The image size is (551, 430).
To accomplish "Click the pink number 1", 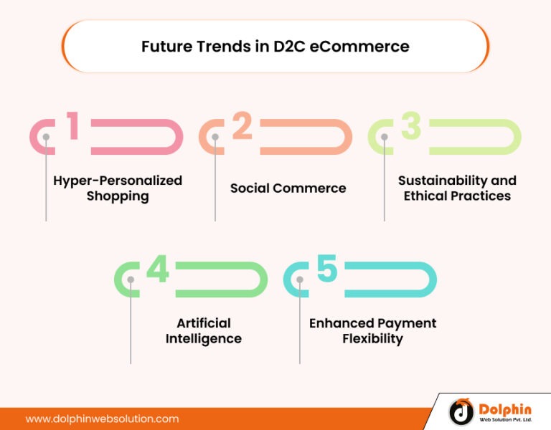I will coord(72,125).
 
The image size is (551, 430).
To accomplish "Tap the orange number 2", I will coord(242,125).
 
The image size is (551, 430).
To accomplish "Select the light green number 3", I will coord(410,125).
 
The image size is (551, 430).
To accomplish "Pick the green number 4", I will coord(157,269).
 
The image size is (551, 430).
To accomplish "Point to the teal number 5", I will coord(326,269).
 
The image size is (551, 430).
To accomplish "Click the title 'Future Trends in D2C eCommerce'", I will coord(275,47).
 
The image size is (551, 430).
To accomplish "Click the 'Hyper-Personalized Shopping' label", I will coord(118,188).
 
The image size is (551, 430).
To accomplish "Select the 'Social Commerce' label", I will coord(288,188).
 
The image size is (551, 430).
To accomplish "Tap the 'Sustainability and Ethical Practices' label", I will coord(457,188).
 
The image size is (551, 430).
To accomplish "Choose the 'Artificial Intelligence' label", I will coord(203,331).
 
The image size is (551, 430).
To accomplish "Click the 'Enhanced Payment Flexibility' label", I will coord(372,331).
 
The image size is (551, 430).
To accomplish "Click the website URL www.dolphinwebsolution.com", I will coord(102,419).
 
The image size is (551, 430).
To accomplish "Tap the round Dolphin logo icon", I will coord(461,411).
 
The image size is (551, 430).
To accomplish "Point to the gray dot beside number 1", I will coord(46,137).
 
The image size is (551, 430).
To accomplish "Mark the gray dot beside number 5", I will coord(300,280).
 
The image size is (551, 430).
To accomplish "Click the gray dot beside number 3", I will coord(385,137).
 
